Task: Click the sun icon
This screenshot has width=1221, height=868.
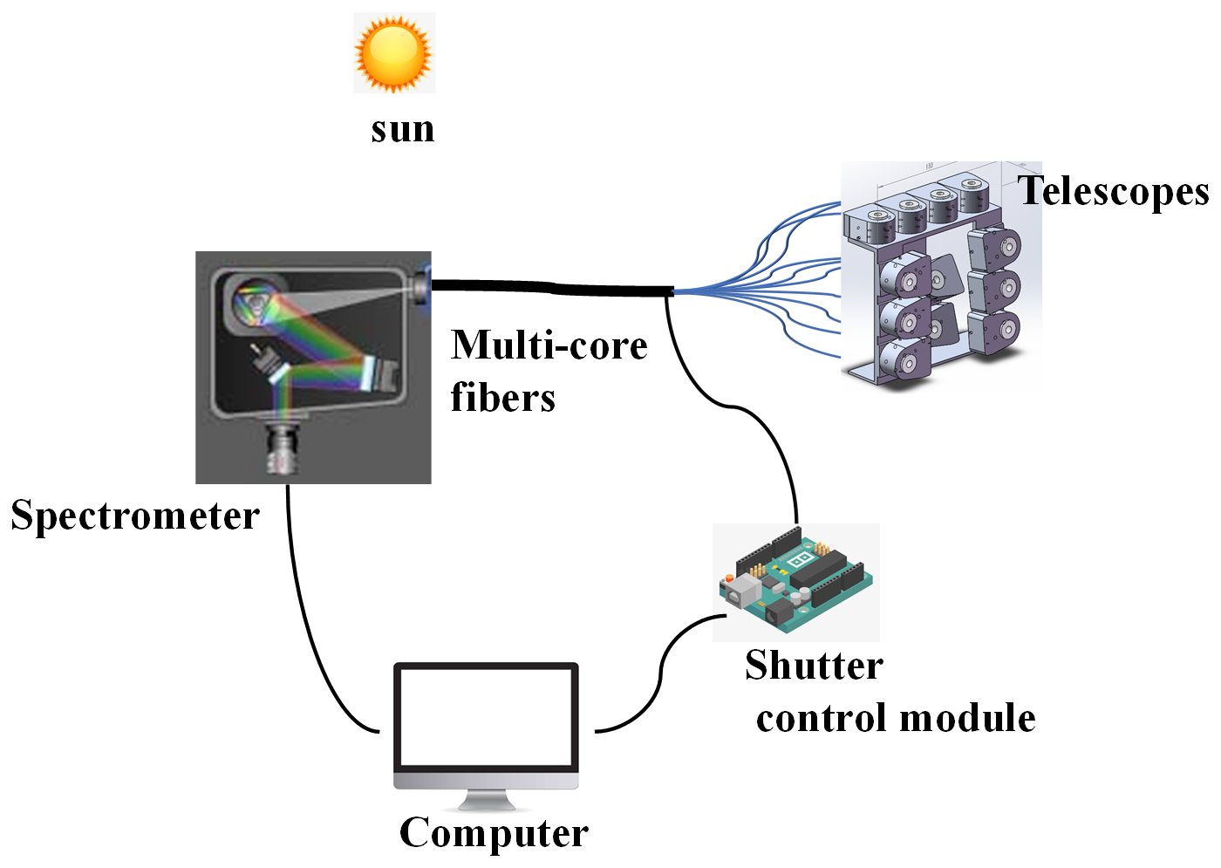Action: (x=394, y=53)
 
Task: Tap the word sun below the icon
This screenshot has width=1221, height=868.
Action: (x=402, y=129)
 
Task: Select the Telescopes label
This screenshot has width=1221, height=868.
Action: (x=1114, y=191)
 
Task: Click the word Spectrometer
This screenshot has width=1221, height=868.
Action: (x=135, y=516)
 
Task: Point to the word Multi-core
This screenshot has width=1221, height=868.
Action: (x=549, y=345)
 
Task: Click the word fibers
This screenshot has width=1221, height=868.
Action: (x=502, y=398)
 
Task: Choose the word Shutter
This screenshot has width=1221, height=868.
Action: (x=814, y=666)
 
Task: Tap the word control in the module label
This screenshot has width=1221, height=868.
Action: (x=822, y=718)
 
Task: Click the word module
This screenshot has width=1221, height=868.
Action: (x=967, y=718)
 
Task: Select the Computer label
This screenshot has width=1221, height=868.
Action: (x=494, y=833)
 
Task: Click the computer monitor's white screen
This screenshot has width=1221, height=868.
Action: (x=486, y=715)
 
